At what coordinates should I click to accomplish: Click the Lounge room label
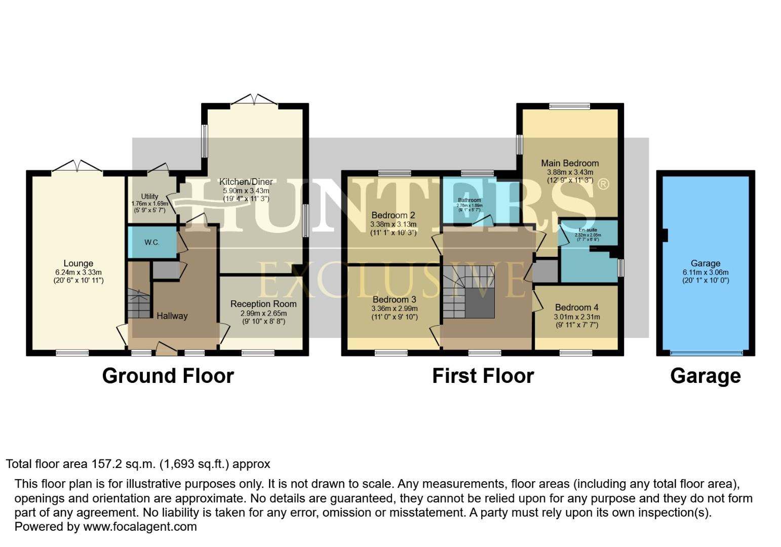[x=78, y=263]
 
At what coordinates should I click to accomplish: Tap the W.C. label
[x=152, y=243]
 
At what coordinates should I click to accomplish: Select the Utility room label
[x=149, y=197]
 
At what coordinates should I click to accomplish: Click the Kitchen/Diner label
[x=246, y=182]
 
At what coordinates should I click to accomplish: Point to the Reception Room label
[x=263, y=304]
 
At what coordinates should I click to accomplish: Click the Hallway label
[x=172, y=316]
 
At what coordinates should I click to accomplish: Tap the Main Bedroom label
[x=570, y=163]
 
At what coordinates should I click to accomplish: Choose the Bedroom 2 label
[x=393, y=215]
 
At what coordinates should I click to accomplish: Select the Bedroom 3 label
[x=394, y=300]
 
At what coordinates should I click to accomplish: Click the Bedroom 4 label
[x=576, y=307]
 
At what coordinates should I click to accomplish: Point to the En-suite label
[x=588, y=230]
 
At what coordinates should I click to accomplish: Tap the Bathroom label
[x=470, y=200]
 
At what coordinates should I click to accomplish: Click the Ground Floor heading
[x=168, y=376]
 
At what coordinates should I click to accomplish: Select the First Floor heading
[x=483, y=376]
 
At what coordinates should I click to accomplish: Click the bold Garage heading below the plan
[x=705, y=376]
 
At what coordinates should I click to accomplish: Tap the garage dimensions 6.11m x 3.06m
[x=706, y=272]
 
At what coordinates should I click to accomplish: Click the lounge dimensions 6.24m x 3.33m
[x=79, y=272]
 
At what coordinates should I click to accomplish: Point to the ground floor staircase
[x=139, y=303]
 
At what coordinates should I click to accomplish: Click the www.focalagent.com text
[x=140, y=527]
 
